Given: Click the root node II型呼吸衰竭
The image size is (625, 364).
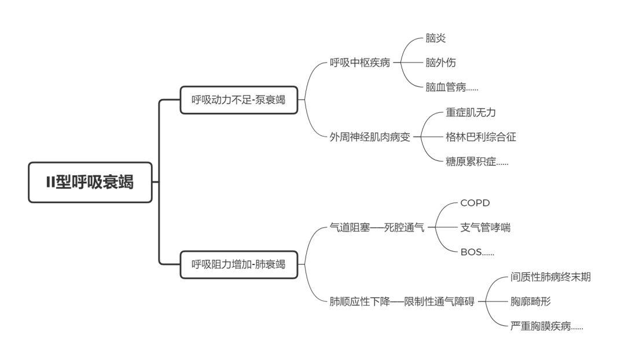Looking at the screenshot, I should pyautogui.click(x=90, y=182).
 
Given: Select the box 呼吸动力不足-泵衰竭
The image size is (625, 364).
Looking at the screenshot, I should pyautogui.click(x=238, y=100).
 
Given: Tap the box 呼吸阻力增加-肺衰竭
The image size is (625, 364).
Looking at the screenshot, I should pyautogui.click(x=238, y=264).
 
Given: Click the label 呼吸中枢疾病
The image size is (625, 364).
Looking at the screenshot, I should pyautogui.click(x=360, y=62).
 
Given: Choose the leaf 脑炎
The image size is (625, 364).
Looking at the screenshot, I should pyautogui.click(x=436, y=38).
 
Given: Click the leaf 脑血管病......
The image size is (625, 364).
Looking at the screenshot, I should pyautogui.click(x=451, y=87).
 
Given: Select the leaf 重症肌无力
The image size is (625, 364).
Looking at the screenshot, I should pyautogui.click(x=470, y=112).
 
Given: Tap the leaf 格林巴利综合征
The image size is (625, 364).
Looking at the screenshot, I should pyautogui.click(x=481, y=137).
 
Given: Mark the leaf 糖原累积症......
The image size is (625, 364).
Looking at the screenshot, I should pyautogui.click(x=477, y=162).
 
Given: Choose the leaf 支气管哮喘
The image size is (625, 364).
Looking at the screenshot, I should pyautogui.click(x=486, y=228).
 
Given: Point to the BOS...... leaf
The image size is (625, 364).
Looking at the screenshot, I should pyautogui.click(x=477, y=253).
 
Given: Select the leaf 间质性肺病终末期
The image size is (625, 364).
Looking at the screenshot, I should pyautogui.click(x=550, y=277).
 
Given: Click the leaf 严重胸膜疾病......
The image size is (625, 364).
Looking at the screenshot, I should pyautogui.click(x=547, y=327).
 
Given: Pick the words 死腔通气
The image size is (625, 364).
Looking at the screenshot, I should pyautogui.click(x=404, y=228).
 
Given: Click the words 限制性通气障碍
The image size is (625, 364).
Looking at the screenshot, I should pyautogui.click(x=439, y=302).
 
